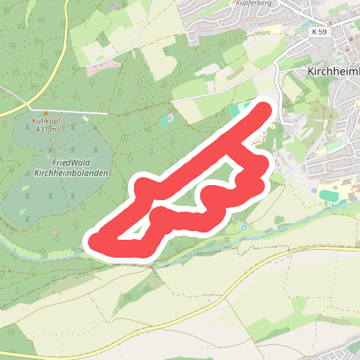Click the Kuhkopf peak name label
coord(45,122)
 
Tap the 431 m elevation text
coord(45,130)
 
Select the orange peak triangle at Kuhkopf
coord(45,114)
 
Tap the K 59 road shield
coord(319,33)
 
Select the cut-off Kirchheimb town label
coord(333,73)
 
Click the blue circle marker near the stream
coord(244,228)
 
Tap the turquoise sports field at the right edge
coord(328,194)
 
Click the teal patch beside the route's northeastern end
coord(240,112)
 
